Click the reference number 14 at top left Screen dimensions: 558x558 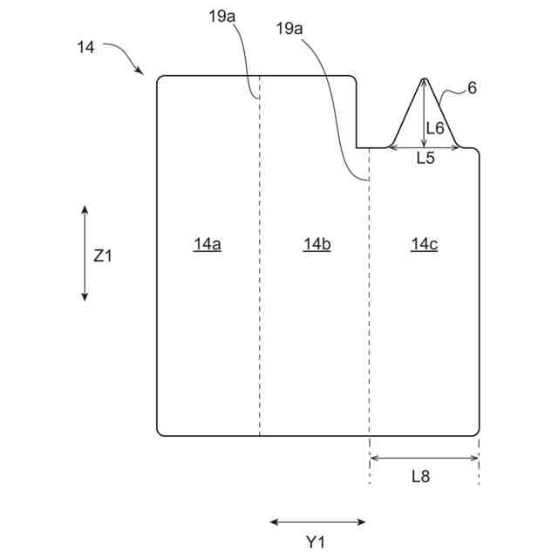pyautogui.click(x=85, y=48)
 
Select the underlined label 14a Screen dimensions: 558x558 pyautogui.click(x=208, y=245)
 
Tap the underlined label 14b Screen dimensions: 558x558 pyautogui.click(x=317, y=245)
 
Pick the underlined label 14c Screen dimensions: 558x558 pyautogui.click(x=425, y=245)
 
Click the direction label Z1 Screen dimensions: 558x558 pyautogui.click(x=103, y=255)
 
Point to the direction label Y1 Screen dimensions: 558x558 pyautogui.click(x=316, y=541)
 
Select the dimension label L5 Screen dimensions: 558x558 pyautogui.click(x=425, y=159)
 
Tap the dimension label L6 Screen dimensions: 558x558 pyautogui.click(x=435, y=128)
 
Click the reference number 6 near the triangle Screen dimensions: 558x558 pyautogui.click(x=472, y=87)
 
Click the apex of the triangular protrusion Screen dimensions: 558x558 pyautogui.click(x=424, y=79)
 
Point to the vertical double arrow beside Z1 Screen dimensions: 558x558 pyautogui.click(x=85, y=254)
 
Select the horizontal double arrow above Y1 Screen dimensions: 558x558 pyautogui.click(x=317, y=522)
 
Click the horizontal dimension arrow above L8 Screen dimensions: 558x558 pyautogui.click(x=425, y=457)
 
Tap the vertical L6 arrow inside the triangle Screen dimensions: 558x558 pyautogui.click(x=424, y=113)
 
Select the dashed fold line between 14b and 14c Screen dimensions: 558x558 pyautogui.click(x=370, y=305)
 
